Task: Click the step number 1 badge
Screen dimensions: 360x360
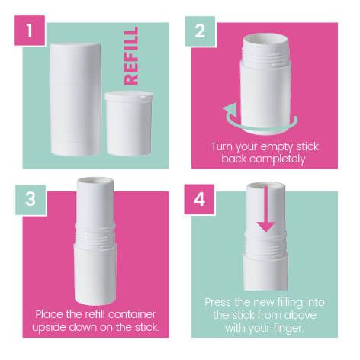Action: tap(30, 31)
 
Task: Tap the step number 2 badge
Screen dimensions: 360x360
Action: tap(200, 31)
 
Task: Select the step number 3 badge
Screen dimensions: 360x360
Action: tap(31, 200)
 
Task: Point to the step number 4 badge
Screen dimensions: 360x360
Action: tap(200, 200)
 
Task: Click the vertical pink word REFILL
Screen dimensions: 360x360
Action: tap(131, 56)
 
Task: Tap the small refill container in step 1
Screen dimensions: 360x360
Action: tap(129, 123)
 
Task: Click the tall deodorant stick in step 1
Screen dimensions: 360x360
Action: tap(76, 99)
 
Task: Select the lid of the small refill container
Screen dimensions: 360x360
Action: tap(129, 96)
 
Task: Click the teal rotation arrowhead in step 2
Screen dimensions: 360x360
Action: tap(230, 111)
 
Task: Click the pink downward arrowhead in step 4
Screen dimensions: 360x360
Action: tap(265, 227)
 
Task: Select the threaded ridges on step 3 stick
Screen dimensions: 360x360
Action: tap(95, 233)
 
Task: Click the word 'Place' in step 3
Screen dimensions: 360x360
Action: tap(50, 314)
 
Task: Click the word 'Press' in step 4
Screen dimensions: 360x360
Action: tap(218, 302)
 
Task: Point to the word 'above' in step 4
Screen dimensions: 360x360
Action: tap(301, 315)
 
